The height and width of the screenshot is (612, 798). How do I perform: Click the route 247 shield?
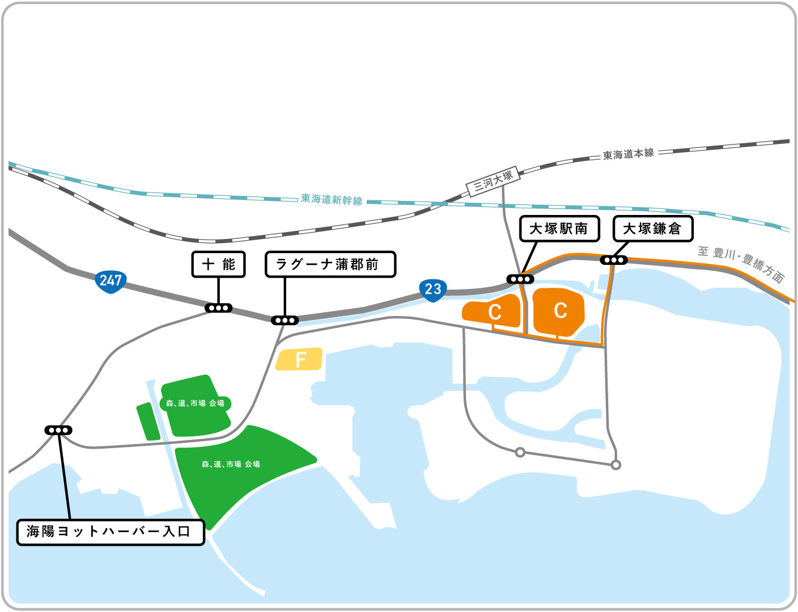(110, 281)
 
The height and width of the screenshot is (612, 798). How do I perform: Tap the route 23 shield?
(432, 289)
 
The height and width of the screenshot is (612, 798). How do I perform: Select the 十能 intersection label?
(219, 264)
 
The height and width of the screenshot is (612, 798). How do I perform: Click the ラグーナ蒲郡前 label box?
(330, 264)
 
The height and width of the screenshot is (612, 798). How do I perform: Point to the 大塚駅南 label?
(559, 228)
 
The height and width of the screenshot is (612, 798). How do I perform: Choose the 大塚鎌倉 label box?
(653, 228)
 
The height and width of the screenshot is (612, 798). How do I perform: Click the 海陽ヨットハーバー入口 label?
(110, 532)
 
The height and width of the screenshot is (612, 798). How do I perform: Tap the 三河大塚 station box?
(493, 180)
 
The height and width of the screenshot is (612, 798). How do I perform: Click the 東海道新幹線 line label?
(332, 200)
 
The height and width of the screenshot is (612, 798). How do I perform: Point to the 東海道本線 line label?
(628, 154)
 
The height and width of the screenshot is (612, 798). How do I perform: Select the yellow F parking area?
(300, 359)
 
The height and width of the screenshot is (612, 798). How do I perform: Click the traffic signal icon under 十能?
(219, 308)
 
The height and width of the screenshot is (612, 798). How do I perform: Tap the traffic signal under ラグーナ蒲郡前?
(285, 320)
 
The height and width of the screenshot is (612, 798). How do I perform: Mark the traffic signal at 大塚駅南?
(521, 279)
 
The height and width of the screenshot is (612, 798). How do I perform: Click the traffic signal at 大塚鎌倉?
(613, 260)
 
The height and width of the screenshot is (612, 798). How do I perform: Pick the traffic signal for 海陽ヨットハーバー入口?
(59, 431)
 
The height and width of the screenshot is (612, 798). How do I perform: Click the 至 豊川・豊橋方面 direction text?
(741, 264)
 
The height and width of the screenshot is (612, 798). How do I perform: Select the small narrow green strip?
(148, 422)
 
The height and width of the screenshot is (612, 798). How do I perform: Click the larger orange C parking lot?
(558, 312)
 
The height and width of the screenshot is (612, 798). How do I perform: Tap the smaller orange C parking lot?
(494, 311)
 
